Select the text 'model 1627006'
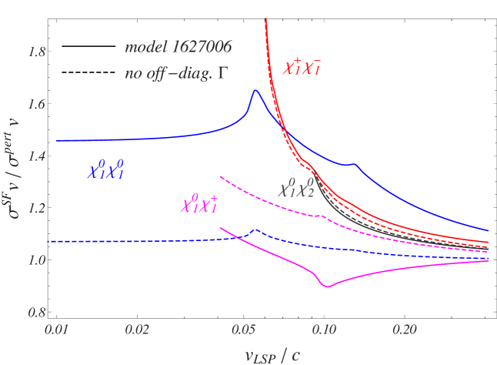click(178, 48)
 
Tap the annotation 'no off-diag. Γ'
click(178, 75)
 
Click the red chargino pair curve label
click(302, 65)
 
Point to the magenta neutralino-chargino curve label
click(198, 204)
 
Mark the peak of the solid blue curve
click(255, 91)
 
